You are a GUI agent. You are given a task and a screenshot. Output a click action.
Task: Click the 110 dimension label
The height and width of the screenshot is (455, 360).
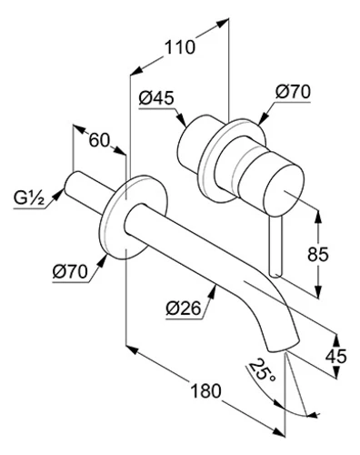[x=180, y=48]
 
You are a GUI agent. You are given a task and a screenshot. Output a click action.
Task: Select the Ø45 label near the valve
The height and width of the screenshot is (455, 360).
[x=156, y=98]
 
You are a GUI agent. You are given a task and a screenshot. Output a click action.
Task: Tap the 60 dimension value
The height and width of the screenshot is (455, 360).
[x=99, y=140]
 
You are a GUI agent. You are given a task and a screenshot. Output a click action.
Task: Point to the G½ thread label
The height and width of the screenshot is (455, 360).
[x=29, y=199]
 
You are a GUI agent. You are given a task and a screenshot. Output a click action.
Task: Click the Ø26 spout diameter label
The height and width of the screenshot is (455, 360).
[x=184, y=308]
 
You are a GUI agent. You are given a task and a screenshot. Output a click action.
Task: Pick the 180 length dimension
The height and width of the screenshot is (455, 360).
[x=205, y=390]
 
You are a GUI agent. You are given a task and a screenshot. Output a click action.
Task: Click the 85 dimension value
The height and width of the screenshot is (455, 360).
[x=318, y=255]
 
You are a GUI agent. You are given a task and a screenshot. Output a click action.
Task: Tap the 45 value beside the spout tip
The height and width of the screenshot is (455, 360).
[x=335, y=357]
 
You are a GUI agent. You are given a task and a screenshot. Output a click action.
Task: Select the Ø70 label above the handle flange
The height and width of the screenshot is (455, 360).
[x=293, y=92]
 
